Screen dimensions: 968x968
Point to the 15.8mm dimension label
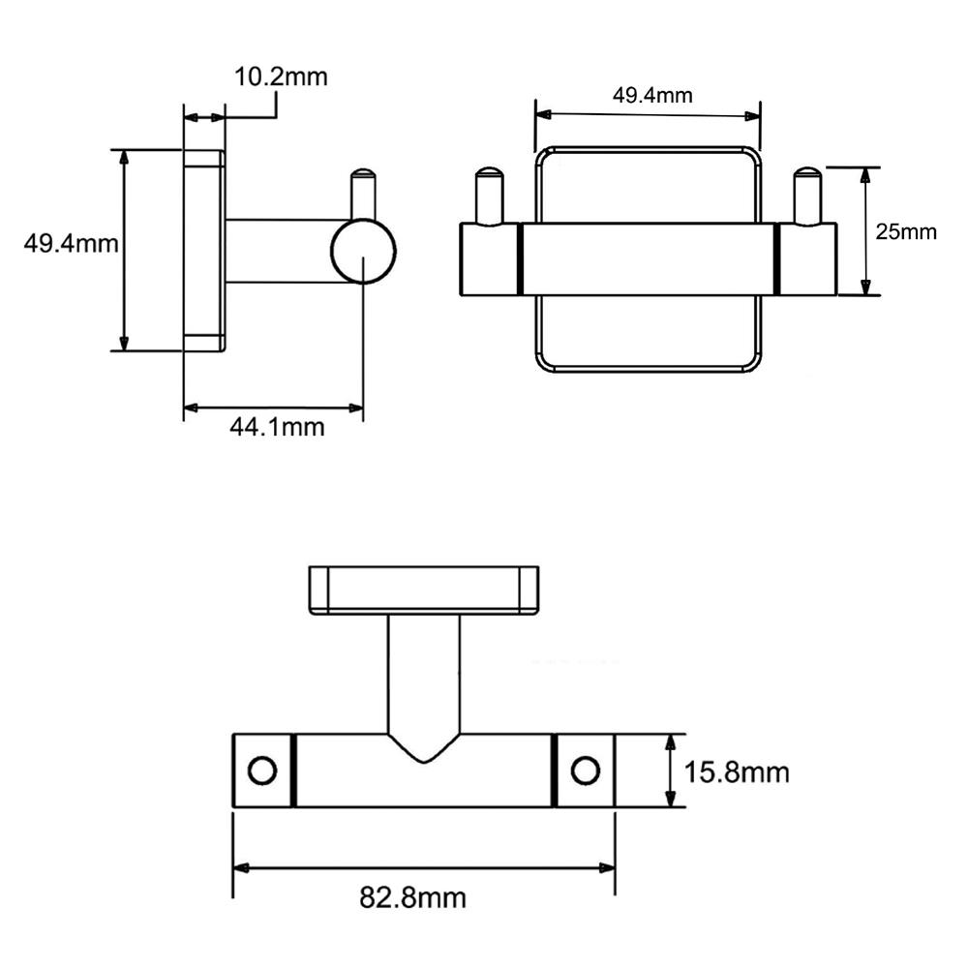tap(737, 772)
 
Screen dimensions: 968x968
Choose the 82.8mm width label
tap(413, 897)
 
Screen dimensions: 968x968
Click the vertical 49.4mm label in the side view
tap(71, 243)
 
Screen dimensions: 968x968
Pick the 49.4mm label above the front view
tap(652, 94)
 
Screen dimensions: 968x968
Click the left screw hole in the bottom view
tap(261, 771)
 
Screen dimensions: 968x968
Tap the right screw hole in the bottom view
tap(585, 771)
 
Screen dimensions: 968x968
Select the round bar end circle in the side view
tap(363, 252)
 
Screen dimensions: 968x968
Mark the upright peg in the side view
tap(363, 194)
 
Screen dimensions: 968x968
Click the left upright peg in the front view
tap(489, 196)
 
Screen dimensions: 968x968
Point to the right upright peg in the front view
tap(806, 196)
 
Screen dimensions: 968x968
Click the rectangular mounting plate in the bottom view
tap(423, 590)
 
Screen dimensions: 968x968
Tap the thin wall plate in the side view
tap(204, 251)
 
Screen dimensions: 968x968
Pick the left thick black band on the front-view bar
tap(520, 258)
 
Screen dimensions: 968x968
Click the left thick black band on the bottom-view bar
tap(293, 771)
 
